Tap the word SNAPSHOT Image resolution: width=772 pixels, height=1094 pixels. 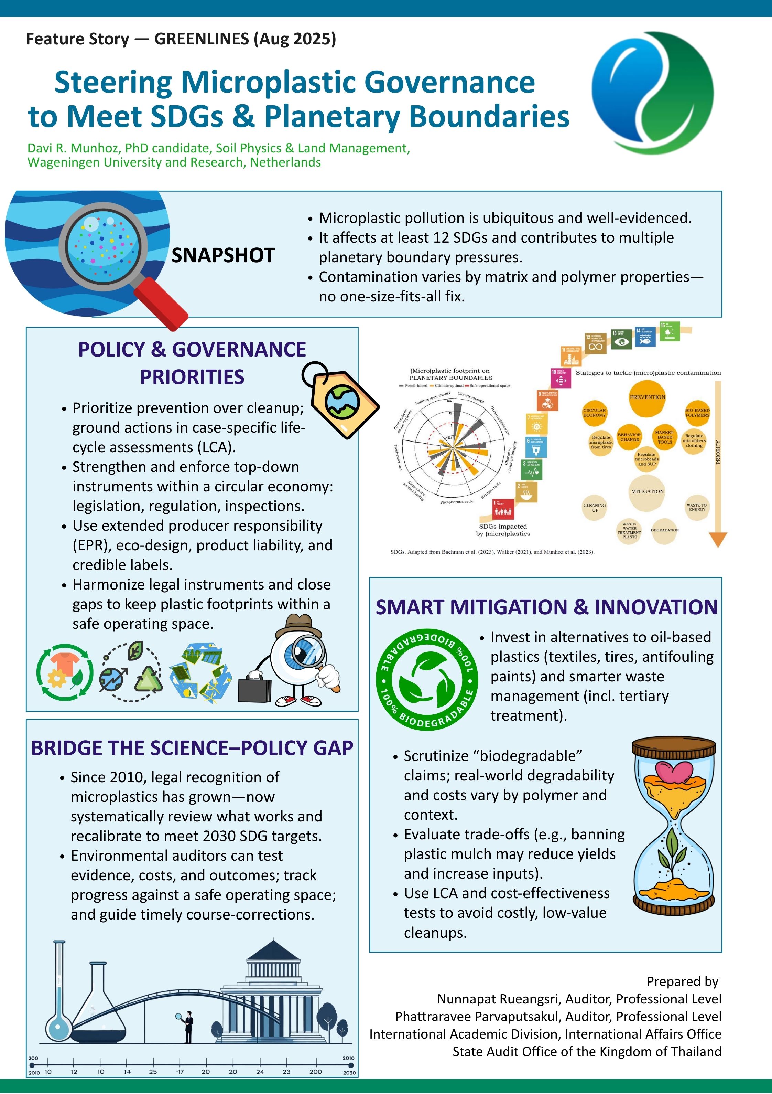click(x=223, y=255)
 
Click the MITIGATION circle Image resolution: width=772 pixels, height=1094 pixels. click(x=647, y=492)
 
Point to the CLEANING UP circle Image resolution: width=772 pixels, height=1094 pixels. click(x=594, y=508)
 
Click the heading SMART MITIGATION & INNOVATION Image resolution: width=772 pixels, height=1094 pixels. click(x=546, y=607)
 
